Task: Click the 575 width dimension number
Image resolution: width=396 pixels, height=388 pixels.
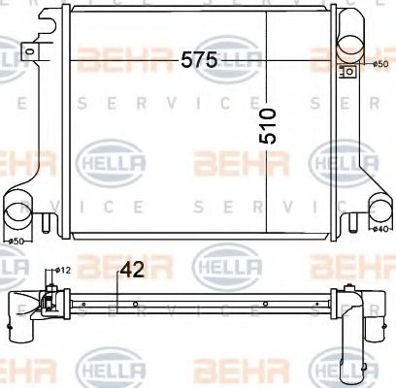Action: coord(198,59)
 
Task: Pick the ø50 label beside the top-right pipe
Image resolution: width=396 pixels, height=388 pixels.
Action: coord(380,64)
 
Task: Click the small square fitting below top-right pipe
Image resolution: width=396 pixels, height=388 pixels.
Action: coord(346,70)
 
